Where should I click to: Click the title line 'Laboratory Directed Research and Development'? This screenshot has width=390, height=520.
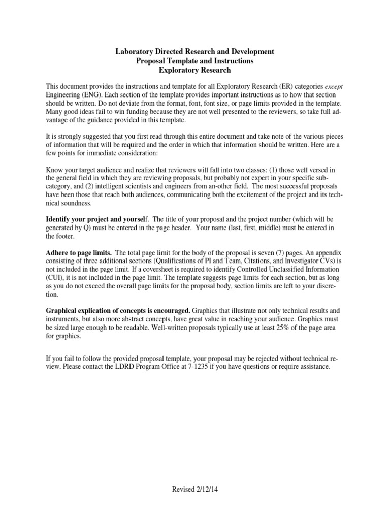point(195,51)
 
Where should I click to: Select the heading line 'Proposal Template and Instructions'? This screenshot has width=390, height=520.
point(195,61)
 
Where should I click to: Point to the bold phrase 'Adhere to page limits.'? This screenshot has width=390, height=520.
point(80,252)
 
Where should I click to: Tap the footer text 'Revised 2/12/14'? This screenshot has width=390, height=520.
point(195,489)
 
